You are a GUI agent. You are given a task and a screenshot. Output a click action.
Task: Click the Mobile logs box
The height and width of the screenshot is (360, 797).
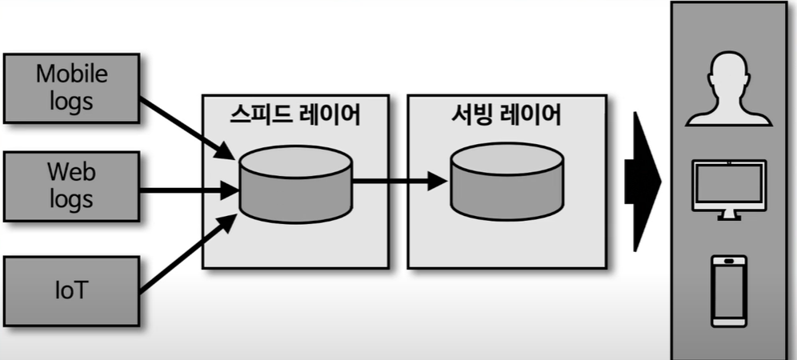pyautogui.click(x=71, y=88)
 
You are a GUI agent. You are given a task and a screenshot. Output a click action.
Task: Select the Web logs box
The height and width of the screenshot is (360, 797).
pyautogui.click(x=71, y=185)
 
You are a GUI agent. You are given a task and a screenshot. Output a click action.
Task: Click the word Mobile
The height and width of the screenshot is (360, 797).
pyautogui.click(x=71, y=74)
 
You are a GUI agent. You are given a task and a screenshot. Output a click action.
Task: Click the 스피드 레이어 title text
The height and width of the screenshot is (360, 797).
pyautogui.click(x=294, y=115)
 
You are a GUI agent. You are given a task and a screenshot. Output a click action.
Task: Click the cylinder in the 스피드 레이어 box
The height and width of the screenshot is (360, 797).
pyautogui.click(x=295, y=183)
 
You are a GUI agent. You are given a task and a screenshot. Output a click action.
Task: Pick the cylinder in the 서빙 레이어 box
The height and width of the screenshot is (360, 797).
pyautogui.click(x=505, y=183)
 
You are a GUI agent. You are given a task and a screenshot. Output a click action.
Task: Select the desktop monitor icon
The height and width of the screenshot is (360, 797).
pyautogui.click(x=728, y=184)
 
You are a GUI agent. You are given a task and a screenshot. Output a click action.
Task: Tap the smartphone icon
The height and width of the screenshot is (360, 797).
pyautogui.click(x=728, y=290)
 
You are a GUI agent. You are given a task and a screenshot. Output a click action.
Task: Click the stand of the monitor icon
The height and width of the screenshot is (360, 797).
pyautogui.click(x=728, y=214)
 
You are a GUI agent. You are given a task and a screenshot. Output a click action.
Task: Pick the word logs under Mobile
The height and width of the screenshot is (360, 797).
pyautogui.click(x=71, y=102)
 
